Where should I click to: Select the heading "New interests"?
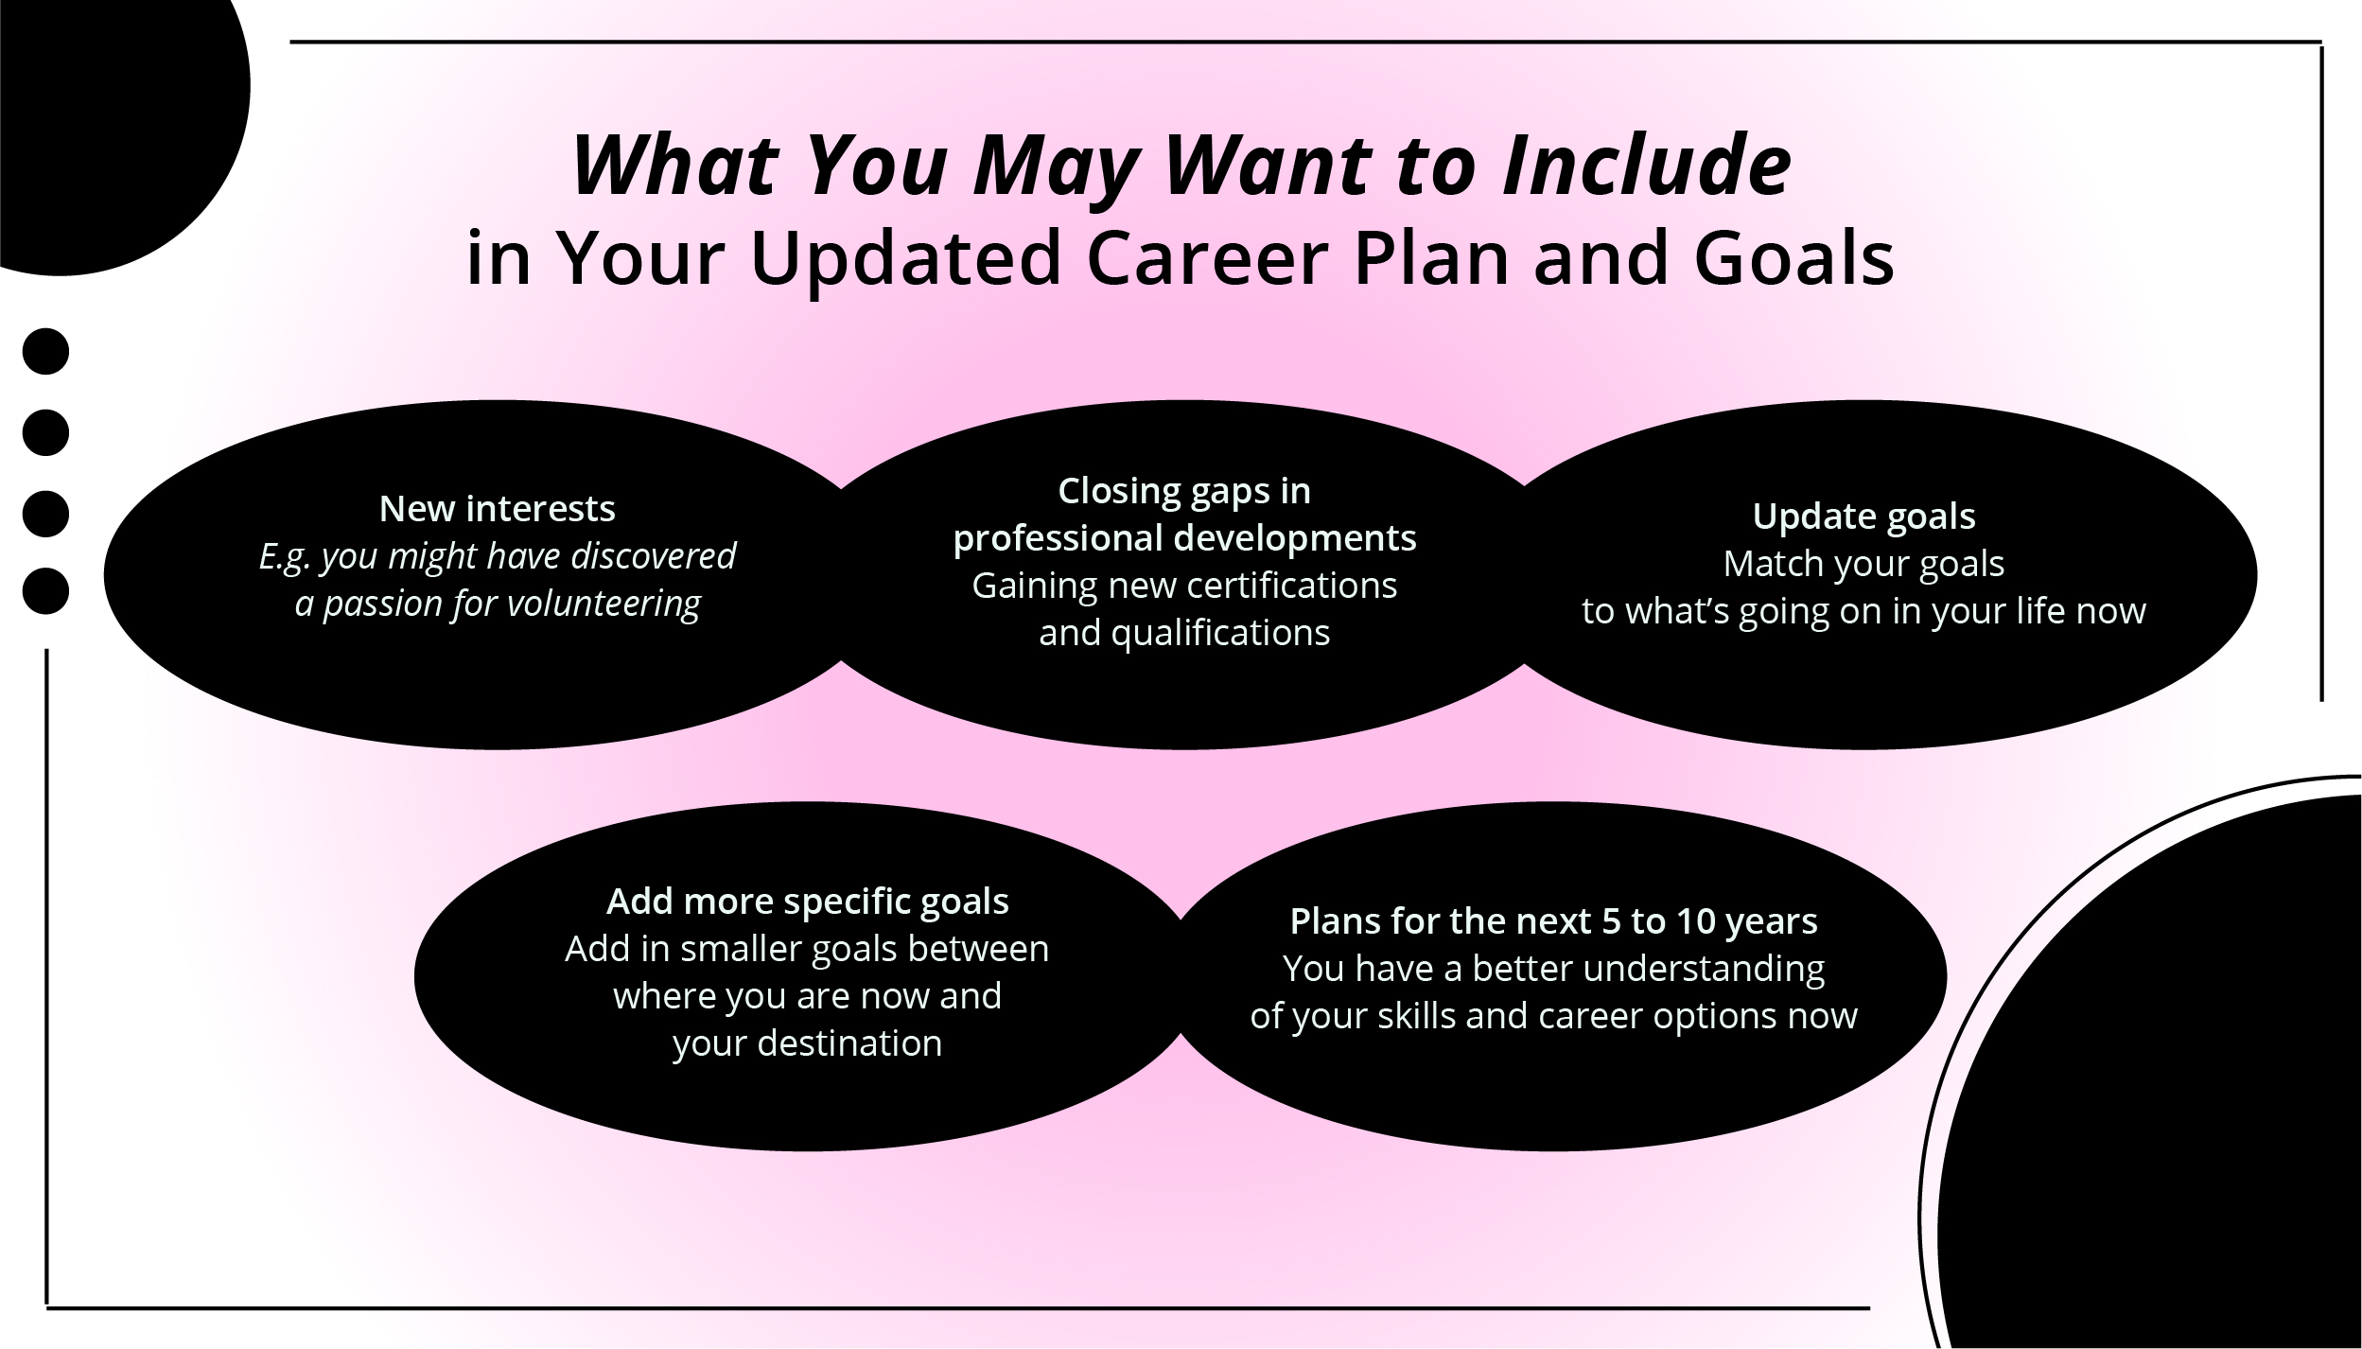tap(497, 509)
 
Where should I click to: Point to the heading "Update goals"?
tap(1863, 517)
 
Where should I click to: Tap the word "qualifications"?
tap(1219, 633)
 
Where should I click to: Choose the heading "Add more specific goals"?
tap(807, 902)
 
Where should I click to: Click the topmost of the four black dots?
tap(45, 352)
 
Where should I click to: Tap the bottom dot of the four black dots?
tap(45, 591)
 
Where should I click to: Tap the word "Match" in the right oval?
tap(1767, 564)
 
